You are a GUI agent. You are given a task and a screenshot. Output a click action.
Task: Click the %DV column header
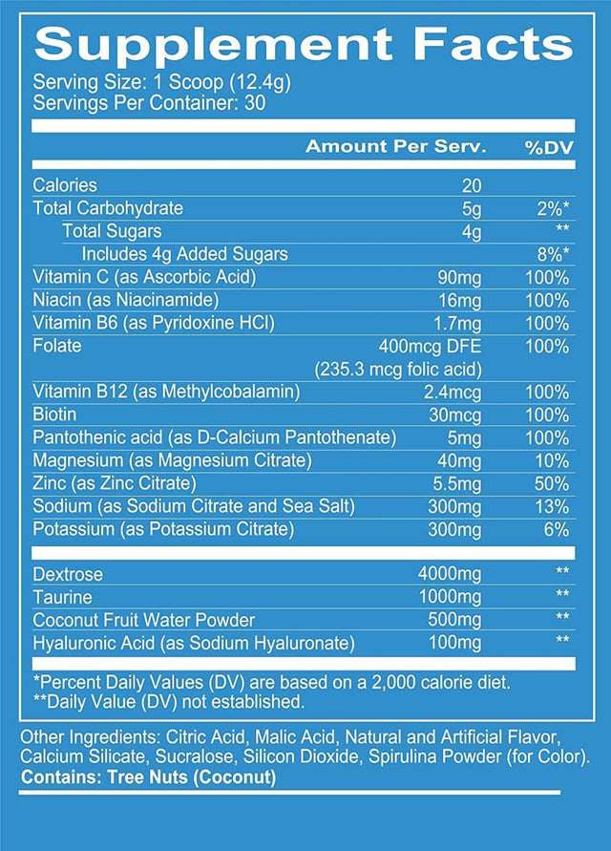(547, 147)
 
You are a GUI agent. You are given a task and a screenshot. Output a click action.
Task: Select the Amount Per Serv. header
(395, 147)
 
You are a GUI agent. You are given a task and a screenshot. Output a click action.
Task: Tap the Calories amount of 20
(471, 185)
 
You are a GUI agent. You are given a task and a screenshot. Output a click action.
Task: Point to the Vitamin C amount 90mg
(458, 278)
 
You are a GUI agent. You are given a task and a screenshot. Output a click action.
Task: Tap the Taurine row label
(63, 598)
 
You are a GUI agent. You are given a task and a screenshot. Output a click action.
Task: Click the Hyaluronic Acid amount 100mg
(454, 644)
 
